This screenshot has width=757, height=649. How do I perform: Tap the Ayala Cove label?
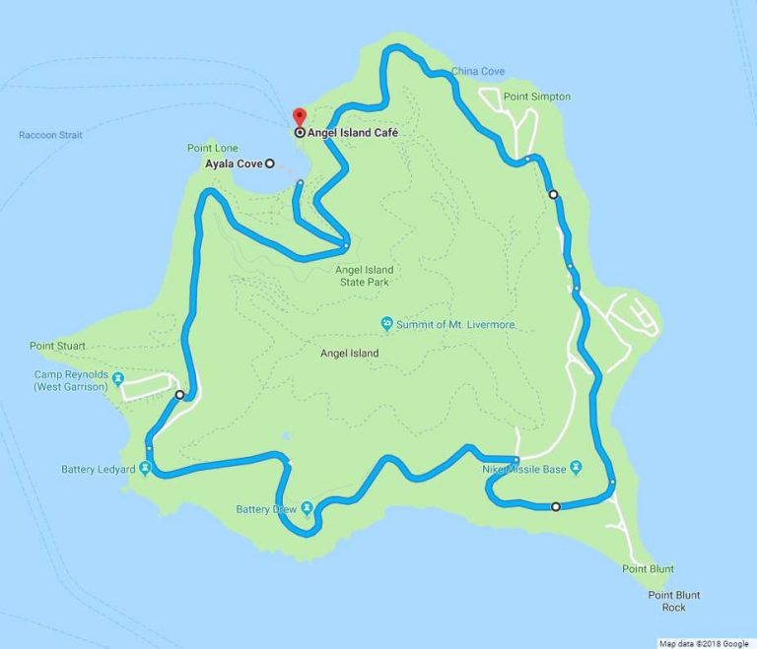point(234,163)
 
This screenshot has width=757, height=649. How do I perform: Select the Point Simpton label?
point(537,97)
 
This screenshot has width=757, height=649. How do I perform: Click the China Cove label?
point(478,72)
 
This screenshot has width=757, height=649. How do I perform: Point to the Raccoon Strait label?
point(50,135)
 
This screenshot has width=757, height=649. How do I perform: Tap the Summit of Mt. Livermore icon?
point(387,324)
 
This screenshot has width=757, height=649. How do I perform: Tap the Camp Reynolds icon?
point(118,378)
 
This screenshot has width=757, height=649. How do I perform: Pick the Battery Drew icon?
point(308,508)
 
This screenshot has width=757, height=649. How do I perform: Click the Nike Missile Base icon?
point(577,469)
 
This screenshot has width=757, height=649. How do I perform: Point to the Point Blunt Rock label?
point(674,601)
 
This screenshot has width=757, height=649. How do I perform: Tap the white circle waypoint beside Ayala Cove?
point(270,163)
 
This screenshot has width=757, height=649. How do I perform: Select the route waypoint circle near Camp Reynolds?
point(179,395)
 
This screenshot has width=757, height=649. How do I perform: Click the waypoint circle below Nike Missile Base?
point(556,507)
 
